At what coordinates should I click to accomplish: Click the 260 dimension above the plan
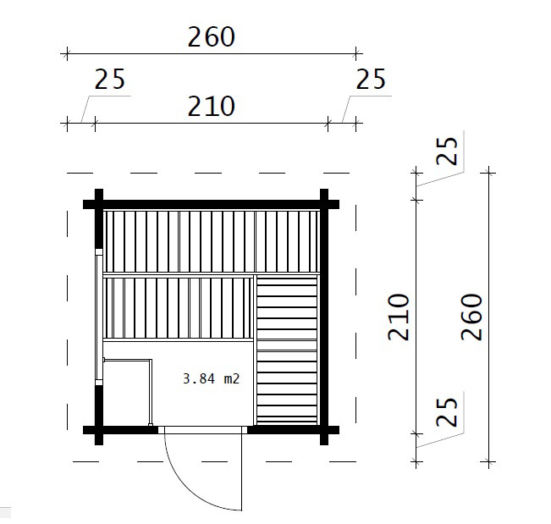tap(212, 37)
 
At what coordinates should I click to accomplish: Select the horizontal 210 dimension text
tap(212, 106)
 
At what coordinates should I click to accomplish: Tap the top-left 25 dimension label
tap(110, 79)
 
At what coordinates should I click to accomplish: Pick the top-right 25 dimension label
tap(371, 79)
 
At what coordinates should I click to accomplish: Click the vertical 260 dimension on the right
tap(471, 317)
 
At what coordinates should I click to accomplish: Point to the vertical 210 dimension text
tap(399, 317)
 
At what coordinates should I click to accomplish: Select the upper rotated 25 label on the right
tap(447, 151)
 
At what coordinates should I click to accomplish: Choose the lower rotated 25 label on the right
tap(447, 412)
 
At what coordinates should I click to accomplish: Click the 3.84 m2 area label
tap(212, 379)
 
